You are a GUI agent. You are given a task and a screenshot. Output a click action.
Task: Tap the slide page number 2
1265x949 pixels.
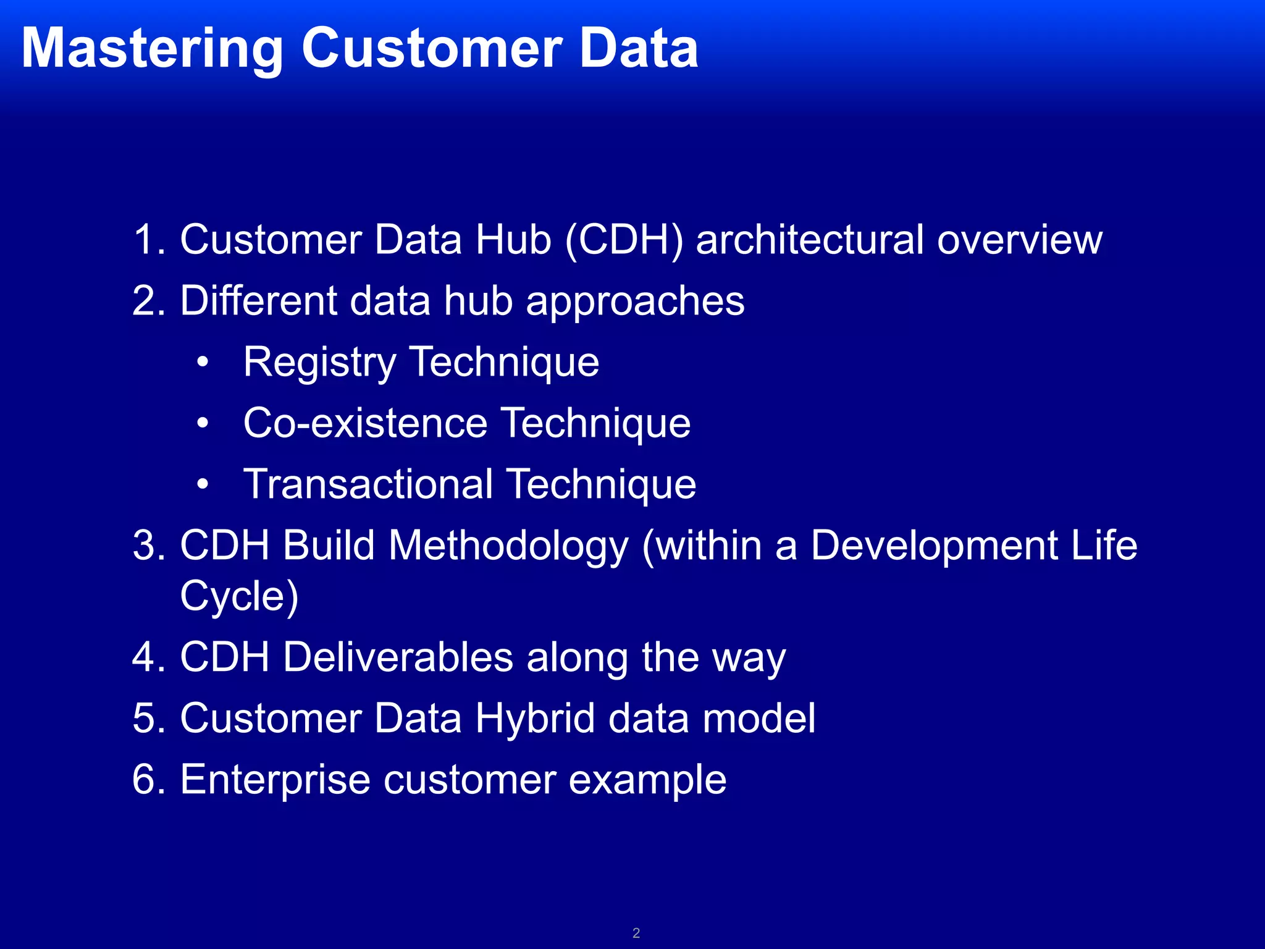click(636, 933)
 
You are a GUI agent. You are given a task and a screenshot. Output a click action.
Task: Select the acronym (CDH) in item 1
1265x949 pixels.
click(624, 240)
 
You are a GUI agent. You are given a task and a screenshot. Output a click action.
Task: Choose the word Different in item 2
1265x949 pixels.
click(259, 301)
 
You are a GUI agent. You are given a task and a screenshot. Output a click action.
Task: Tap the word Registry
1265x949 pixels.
click(319, 363)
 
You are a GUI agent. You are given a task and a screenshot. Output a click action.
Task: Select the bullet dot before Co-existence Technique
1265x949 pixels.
click(203, 424)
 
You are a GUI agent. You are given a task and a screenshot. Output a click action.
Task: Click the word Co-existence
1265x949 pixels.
click(365, 423)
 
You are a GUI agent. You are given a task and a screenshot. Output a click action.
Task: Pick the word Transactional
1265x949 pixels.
click(368, 484)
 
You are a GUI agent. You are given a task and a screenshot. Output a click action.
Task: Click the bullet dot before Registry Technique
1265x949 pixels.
click(203, 363)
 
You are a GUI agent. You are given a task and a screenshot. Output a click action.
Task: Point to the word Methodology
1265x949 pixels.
click(508, 546)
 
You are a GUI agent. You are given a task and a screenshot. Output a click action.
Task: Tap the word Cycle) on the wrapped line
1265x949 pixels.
click(239, 597)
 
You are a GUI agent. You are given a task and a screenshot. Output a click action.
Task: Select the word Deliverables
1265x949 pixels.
click(398, 657)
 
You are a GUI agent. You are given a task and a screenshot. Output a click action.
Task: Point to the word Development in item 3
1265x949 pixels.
click(935, 546)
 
